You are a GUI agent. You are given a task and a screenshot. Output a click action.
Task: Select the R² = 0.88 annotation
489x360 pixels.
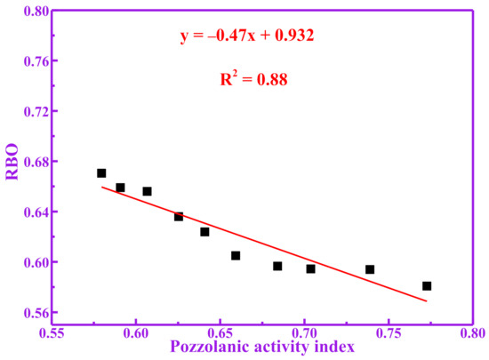[x=254, y=79]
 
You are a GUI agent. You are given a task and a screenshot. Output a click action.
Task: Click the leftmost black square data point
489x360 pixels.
[x=101, y=173]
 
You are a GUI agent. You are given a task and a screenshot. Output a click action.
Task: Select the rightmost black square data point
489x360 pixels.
[x=427, y=286]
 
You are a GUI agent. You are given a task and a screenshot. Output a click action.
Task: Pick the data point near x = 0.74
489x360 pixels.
[x=370, y=269]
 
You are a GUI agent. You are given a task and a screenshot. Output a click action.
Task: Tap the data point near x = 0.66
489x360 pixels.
[x=236, y=256]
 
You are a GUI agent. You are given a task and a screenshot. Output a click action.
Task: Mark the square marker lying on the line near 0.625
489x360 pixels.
[x=179, y=217]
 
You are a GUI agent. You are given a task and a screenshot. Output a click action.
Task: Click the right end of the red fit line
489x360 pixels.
[x=427, y=301]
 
